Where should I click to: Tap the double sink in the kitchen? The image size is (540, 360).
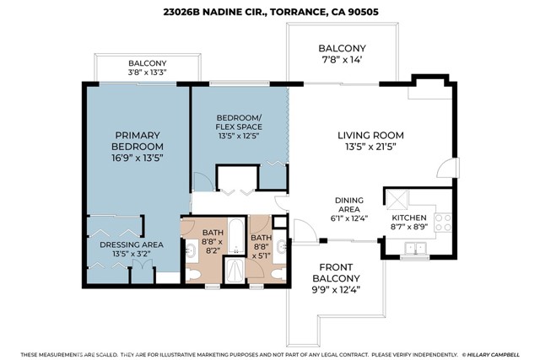pyautogui.click(x=413, y=248)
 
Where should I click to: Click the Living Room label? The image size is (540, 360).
pyautogui.click(x=370, y=136)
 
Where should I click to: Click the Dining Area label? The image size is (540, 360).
pyautogui.click(x=348, y=206)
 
